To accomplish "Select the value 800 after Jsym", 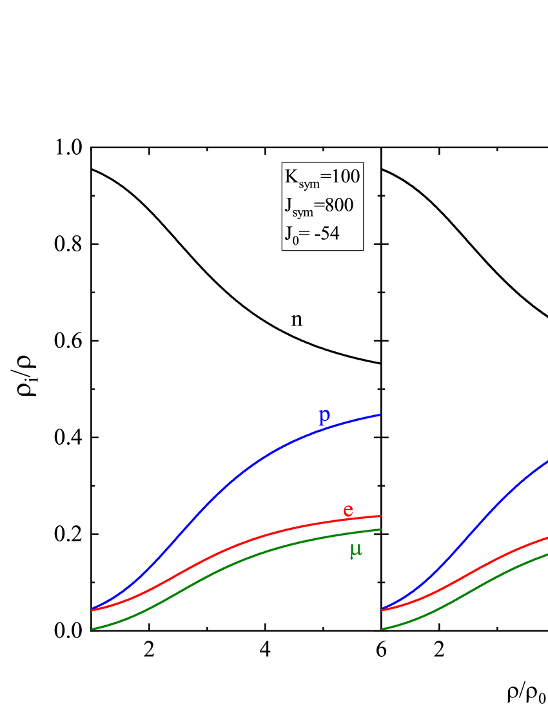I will coord(338,205).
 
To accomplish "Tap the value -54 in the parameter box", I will coord(327,233).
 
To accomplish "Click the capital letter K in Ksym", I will coord(291,176).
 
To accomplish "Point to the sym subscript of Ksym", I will coord(309,184).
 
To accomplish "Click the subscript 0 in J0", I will coord(295,240).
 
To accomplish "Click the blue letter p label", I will coord(324,416).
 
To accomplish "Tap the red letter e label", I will coord(348,510).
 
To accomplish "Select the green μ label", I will coord(355,550).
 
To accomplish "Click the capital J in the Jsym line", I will coord(288,205).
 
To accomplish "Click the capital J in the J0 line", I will coord(288,233).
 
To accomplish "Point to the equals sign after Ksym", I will coord(325,176).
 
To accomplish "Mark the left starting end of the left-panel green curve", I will coord(93,628).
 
